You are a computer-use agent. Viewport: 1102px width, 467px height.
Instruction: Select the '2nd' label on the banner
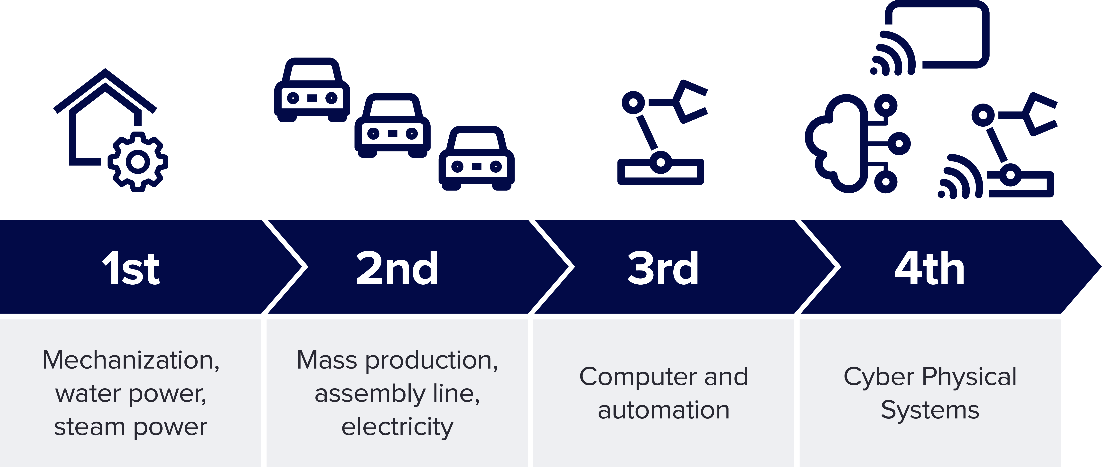397,269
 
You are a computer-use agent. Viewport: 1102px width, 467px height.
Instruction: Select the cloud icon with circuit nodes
851,143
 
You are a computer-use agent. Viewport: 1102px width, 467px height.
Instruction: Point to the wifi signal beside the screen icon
892,55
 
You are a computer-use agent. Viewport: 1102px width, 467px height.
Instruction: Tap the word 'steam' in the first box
89,427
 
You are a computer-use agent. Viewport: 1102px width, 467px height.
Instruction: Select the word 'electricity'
397,427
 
